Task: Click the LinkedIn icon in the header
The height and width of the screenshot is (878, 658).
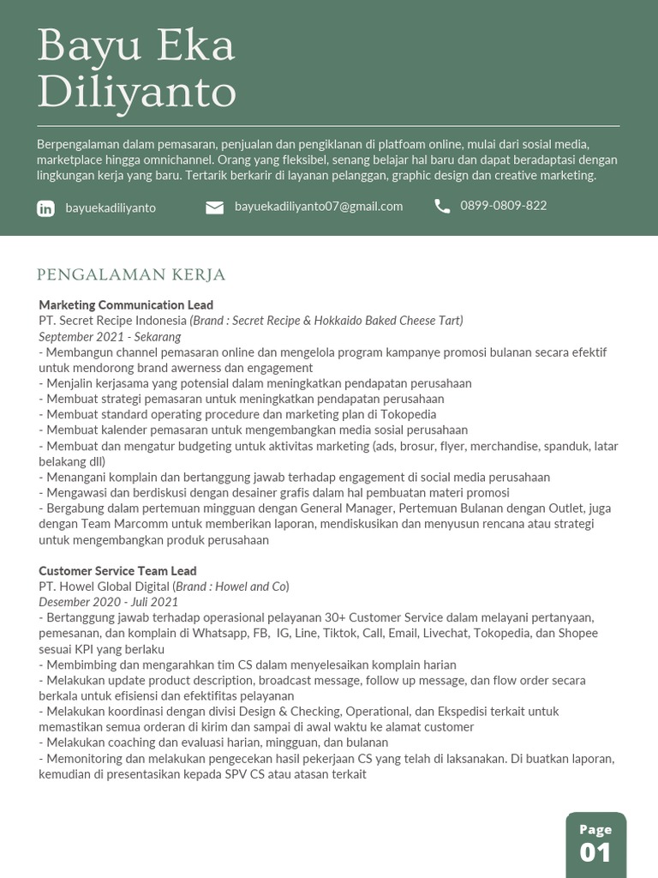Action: [46, 208]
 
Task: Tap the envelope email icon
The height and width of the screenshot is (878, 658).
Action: [214, 207]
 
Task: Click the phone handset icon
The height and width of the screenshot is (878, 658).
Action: [442, 206]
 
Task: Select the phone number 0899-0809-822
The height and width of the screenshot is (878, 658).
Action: [503, 206]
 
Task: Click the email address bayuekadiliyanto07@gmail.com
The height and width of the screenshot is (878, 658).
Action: [318, 207]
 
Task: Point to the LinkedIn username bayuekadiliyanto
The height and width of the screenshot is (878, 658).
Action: [111, 208]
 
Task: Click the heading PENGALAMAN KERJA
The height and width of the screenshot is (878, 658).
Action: [131, 274]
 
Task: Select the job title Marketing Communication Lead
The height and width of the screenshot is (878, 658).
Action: [126, 305]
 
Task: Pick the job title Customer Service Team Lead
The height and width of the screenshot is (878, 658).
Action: [117, 571]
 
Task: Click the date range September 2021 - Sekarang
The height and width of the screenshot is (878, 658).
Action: [110, 336]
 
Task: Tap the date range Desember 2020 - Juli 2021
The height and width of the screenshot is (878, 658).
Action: [108, 602]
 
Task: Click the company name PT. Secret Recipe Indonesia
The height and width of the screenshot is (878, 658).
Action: [112, 321]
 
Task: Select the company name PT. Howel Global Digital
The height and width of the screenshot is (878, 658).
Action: [105, 586]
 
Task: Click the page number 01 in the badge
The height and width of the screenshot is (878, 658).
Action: [595, 852]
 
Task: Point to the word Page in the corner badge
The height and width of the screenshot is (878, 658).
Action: [595, 829]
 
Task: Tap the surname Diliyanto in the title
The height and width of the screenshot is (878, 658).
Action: [137, 92]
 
